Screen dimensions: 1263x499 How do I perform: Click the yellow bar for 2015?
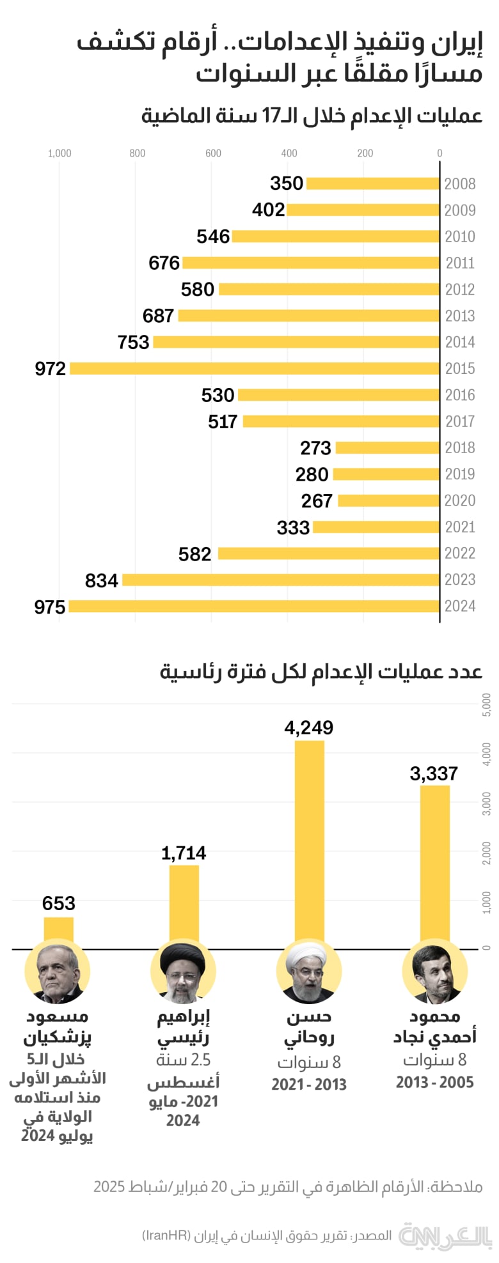[x=255, y=368]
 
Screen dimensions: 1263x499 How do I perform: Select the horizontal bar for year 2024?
[x=254, y=606]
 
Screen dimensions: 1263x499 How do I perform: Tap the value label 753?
[x=133, y=343]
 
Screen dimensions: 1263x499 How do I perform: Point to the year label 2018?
[x=460, y=447]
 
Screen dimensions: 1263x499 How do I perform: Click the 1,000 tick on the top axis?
[x=59, y=153]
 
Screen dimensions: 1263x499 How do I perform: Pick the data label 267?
[x=317, y=501]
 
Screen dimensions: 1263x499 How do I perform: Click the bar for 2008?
[x=373, y=183]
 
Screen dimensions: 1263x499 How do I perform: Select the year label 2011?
[x=460, y=263]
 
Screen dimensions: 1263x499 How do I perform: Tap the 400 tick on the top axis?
[x=289, y=153]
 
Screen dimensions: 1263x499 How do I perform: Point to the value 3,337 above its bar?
[x=434, y=774]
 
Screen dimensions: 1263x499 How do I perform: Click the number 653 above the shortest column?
[x=59, y=903]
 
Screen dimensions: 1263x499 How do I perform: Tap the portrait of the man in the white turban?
[x=309, y=971]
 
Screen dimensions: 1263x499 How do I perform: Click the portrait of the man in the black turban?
[x=184, y=971]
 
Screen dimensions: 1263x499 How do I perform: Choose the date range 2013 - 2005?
[x=434, y=1082]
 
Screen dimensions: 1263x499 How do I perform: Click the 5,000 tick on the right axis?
[x=487, y=704]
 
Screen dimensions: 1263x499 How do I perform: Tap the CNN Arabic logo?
[x=446, y=1235]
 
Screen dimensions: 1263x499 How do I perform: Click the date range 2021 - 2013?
[x=309, y=1084]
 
